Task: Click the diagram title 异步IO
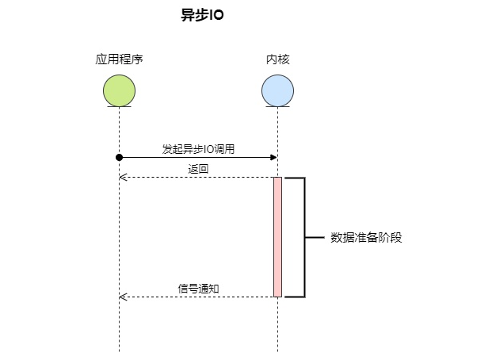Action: tap(197, 15)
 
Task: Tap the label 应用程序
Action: tap(119, 59)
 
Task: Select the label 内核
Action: tap(277, 59)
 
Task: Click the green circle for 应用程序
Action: tap(119, 90)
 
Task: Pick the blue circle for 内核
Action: tap(277, 90)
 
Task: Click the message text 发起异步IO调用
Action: tap(198, 149)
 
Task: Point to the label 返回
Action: tap(198, 169)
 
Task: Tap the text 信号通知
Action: tap(198, 289)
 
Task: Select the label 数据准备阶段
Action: tap(366, 237)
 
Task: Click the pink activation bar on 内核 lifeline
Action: tap(277, 237)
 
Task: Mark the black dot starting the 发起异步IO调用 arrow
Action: tap(119, 157)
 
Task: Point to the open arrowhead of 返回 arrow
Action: tap(122, 177)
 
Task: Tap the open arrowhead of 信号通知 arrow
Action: tap(122, 297)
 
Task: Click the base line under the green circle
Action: tap(119, 106)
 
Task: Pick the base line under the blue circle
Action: tap(277, 106)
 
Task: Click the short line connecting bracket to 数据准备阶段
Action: tap(315, 237)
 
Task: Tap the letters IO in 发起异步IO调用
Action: tap(208, 149)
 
